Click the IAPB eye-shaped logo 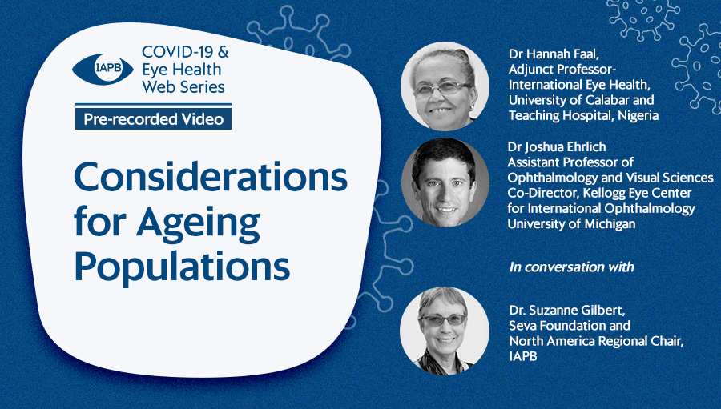(103, 70)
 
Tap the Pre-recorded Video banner (153, 119)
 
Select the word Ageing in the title (198, 223)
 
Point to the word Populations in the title (182, 267)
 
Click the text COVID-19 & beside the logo (185, 51)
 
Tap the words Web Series (183, 87)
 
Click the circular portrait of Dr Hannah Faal (445, 86)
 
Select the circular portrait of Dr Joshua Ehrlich (445, 182)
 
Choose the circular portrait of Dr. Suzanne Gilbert (445, 331)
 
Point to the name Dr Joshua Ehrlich (557, 147)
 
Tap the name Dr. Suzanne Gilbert (566, 311)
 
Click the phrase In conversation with (571, 267)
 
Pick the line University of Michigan (571, 224)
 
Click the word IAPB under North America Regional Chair (523, 356)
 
